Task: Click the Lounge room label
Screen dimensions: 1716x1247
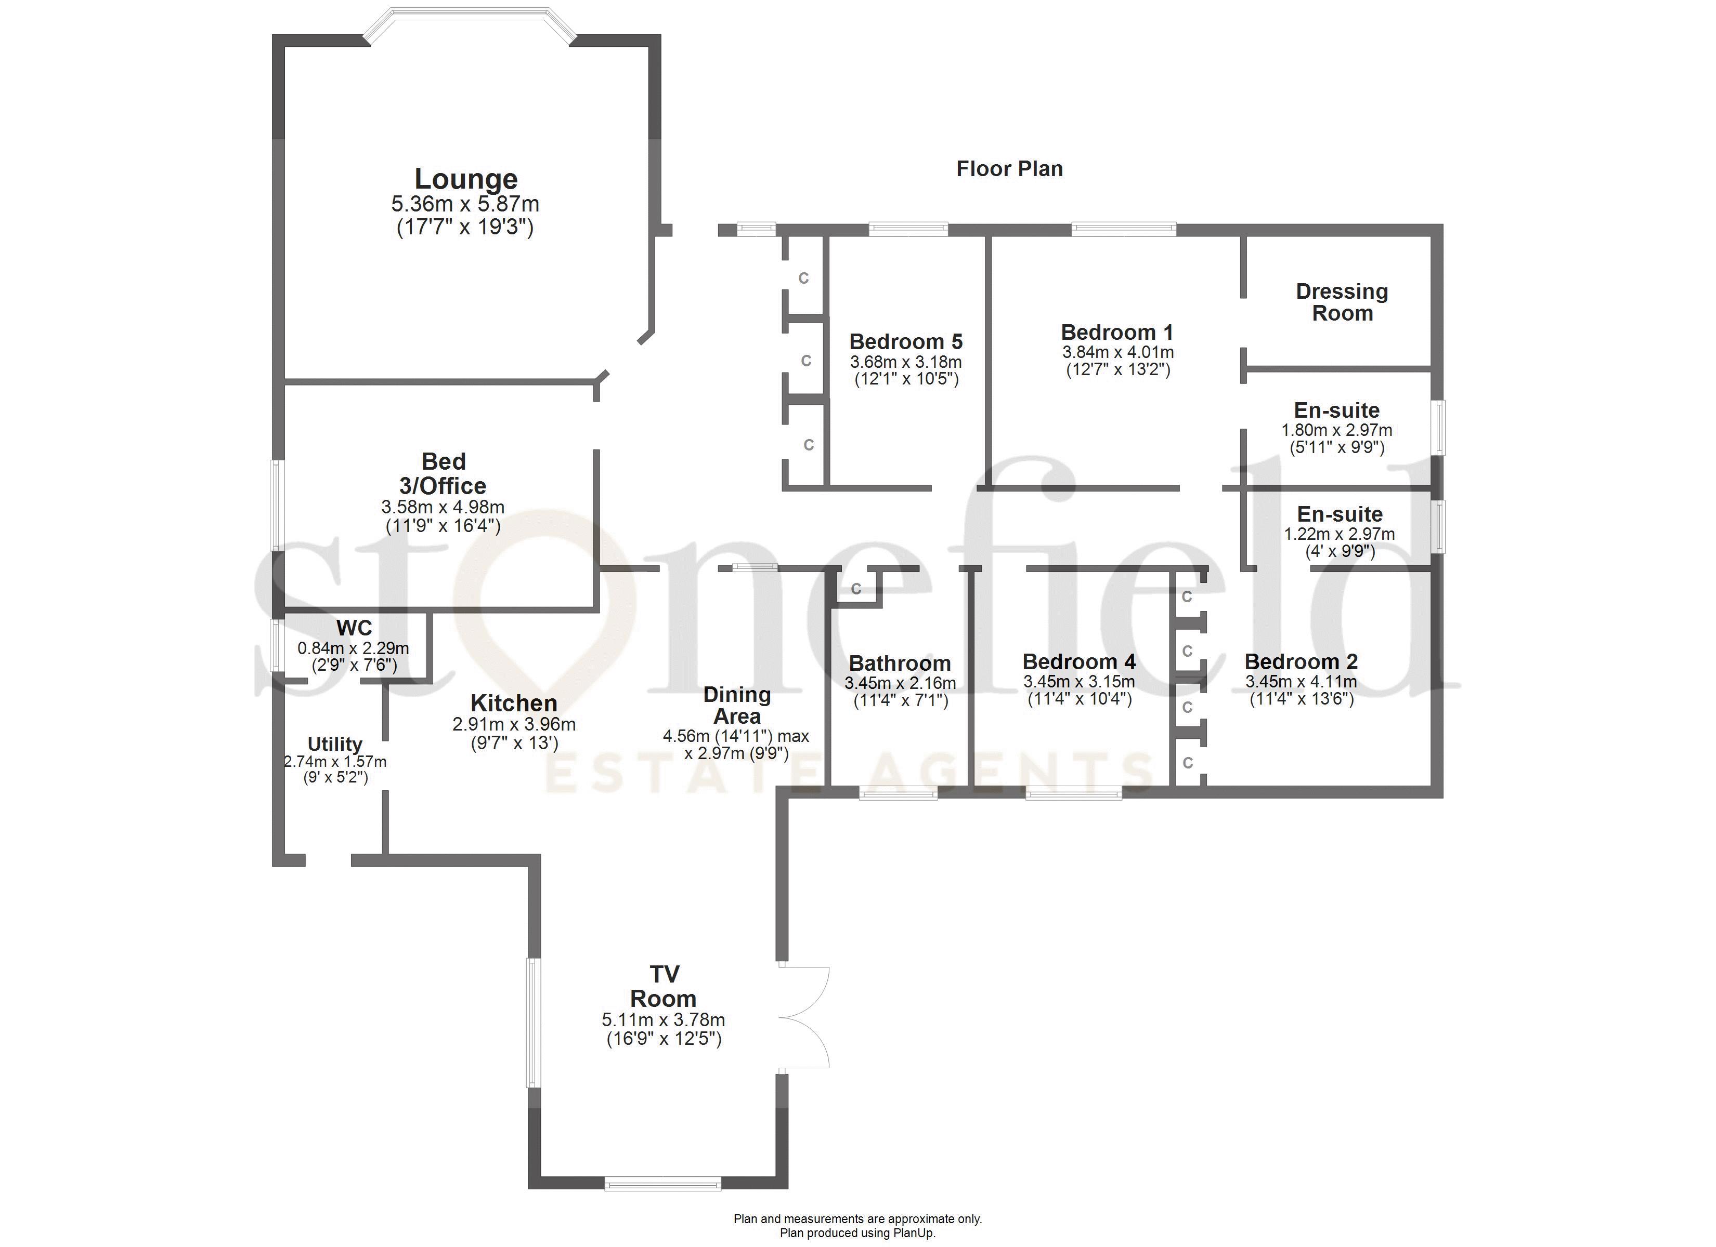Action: click(x=466, y=179)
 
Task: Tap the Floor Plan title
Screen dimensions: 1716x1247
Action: click(x=1009, y=169)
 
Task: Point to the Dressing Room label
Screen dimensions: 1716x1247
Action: click(x=1342, y=302)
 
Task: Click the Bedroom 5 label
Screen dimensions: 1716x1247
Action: click(x=906, y=342)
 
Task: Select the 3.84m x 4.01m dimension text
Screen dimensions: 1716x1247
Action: click(x=1117, y=352)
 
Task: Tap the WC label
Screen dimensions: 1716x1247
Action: click(x=354, y=628)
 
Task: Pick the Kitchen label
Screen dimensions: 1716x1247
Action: click(x=514, y=704)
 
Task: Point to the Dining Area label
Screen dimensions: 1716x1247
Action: click(x=737, y=705)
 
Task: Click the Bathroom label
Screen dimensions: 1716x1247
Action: click(x=900, y=663)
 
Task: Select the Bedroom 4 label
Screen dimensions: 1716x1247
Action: click(x=1079, y=661)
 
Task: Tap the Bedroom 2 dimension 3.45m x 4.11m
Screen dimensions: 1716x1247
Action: click(x=1302, y=681)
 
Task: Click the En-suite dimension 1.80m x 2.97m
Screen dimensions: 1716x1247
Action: click(x=1337, y=430)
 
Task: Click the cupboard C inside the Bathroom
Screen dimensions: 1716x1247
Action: click(x=856, y=588)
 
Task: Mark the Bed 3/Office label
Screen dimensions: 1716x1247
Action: click(x=444, y=473)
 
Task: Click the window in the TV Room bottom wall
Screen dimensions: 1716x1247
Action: click(x=663, y=1184)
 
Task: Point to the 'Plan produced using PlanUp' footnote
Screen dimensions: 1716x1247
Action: click(x=858, y=1232)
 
